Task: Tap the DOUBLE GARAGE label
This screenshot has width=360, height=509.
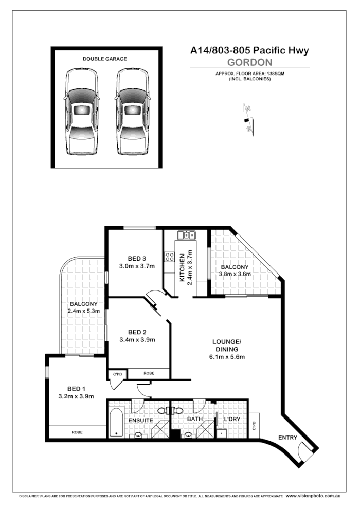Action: (x=105, y=59)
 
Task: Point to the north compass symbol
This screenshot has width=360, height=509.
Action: (x=248, y=117)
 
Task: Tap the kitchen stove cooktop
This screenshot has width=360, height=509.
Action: (x=169, y=258)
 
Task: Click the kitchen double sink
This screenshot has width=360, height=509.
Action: (x=185, y=235)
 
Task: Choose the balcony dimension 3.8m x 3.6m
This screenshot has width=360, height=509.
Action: (x=235, y=274)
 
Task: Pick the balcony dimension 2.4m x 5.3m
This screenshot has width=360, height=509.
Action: (x=83, y=311)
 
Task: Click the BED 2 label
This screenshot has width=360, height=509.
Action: (x=138, y=331)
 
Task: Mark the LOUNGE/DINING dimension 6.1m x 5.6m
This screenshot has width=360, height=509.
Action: (x=227, y=357)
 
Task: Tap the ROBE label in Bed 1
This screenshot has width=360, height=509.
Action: (x=77, y=432)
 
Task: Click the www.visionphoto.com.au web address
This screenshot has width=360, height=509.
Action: (x=313, y=496)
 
